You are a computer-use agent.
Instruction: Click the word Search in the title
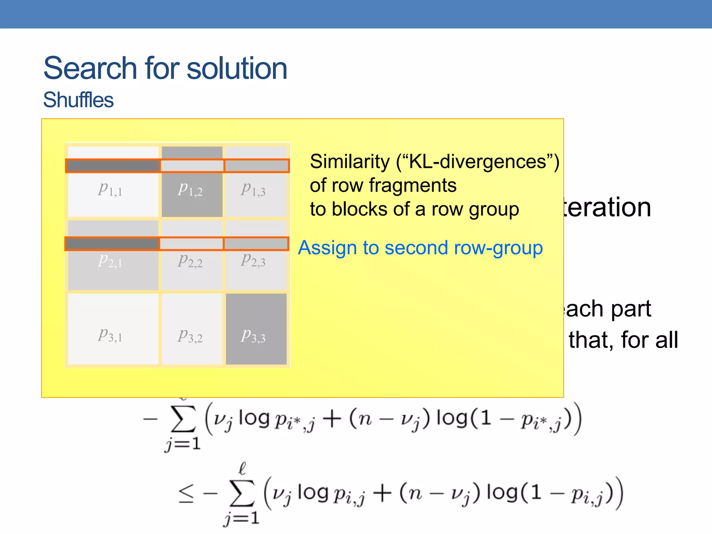click(x=90, y=68)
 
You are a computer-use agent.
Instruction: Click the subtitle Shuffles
click(x=78, y=100)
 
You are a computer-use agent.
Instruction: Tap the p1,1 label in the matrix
click(x=110, y=189)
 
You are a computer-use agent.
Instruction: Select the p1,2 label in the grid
click(x=190, y=189)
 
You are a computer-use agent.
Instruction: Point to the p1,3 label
click(x=253, y=189)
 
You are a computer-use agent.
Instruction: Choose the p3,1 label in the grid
click(x=110, y=335)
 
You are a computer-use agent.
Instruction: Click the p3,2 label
click(x=190, y=336)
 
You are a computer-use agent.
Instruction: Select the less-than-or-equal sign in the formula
click(x=186, y=494)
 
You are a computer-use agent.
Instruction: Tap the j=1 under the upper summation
click(x=183, y=444)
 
